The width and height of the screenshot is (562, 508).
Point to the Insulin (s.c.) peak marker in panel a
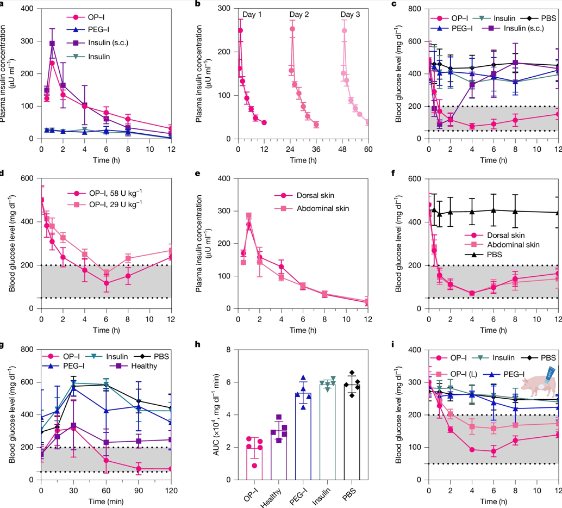(x=52, y=44)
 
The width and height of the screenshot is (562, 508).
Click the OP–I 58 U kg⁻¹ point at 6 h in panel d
(x=107, y=283)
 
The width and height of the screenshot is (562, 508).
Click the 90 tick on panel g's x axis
(x=139, y=490)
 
